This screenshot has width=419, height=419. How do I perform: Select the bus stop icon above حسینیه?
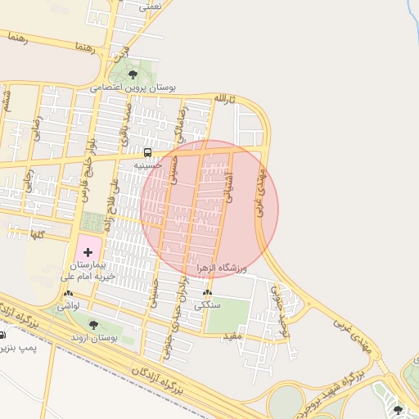pyautogui.click(x=147, y=152)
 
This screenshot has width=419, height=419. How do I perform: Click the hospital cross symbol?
pyautogui.click(x=88, y=252)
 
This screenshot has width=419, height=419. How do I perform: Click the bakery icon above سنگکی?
pyautogui.click(x=207, y=292)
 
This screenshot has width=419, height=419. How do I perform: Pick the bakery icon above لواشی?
pyautogui.click(x=68, y=293)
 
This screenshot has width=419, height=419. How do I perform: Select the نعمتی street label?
pyautogui.click(x=151, y=5)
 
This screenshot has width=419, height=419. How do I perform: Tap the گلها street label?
pyautogui.click(x=36, y=235)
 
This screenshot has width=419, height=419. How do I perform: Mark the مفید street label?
pyautogui.click(x=232, y=336)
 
